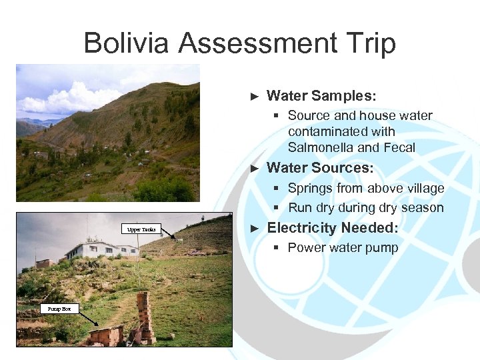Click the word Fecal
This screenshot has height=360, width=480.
400,147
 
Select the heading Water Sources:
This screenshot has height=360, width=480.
320,167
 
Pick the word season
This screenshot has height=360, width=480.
422,207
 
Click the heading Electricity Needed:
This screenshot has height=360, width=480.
332,228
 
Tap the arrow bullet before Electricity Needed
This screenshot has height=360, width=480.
253,229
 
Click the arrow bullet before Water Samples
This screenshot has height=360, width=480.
253,97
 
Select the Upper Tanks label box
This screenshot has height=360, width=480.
141,229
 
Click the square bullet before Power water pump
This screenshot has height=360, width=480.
276,248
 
